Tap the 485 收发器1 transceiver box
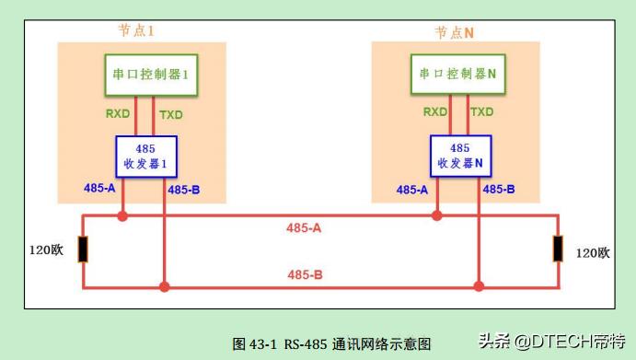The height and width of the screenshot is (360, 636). coord(145,156)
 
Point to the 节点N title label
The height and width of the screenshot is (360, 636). coord(455,31)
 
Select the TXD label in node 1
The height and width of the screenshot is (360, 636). coord(171,114)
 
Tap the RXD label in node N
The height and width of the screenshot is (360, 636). coord(434,111)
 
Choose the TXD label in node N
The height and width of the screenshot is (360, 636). coord(482,111)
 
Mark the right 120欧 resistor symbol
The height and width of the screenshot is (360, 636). coord(558,250)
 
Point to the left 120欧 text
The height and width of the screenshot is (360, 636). coord(43,251)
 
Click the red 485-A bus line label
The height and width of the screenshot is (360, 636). coord(305,226)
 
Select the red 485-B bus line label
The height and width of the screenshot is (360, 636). coord(305,274)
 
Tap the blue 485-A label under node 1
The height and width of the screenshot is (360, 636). coord(99,190)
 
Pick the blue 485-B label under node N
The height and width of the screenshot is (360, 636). coord(499,190)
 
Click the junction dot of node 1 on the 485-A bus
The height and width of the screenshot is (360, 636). coord(122,217)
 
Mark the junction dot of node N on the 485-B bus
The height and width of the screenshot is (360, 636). coord(479,287)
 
